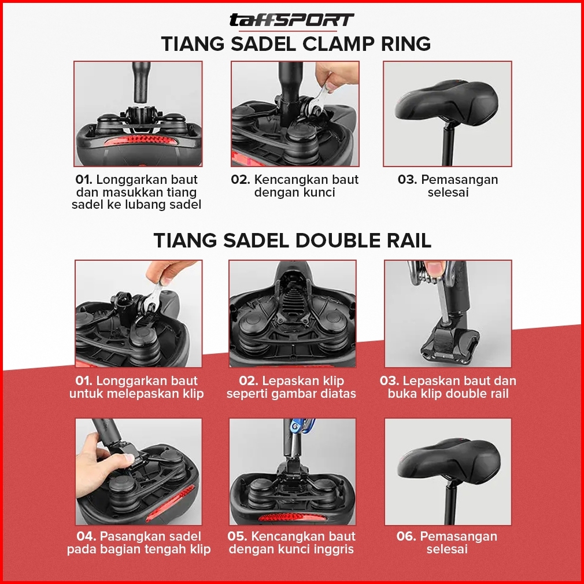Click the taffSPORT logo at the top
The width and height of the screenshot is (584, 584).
(x=291, y=20)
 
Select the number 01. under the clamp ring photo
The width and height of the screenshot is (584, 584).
(x=84, y=179)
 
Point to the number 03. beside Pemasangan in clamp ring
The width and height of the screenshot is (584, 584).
(x=408, y=179)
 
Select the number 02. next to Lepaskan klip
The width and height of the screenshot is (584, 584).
(x=249, y=380)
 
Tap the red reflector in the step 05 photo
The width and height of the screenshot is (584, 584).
(x=293, y=518)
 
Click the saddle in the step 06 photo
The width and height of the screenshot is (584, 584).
(x=449, y=460)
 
